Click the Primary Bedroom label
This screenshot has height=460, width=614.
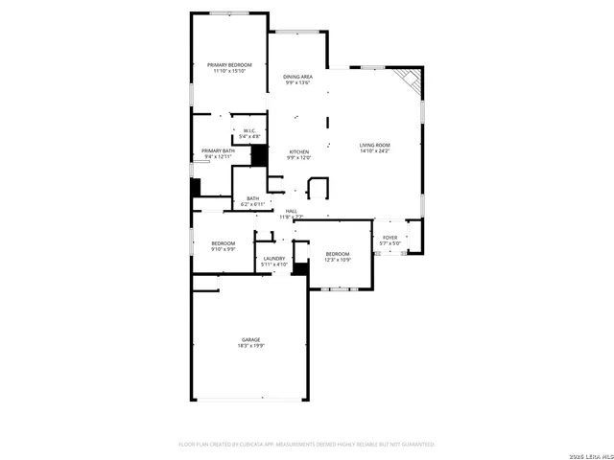229,64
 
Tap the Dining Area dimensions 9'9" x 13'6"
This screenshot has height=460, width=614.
297,82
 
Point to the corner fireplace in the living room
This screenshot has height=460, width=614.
412,80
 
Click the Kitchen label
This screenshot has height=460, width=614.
299,151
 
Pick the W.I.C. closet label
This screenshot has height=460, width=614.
248,130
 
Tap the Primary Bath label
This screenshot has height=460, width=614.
218,150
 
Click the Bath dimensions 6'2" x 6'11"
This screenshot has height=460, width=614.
251,204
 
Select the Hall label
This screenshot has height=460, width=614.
291,211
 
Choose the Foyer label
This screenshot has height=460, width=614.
390,237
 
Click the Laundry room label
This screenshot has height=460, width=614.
274,258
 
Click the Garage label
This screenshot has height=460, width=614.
250,339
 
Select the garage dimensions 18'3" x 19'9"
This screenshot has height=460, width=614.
250,345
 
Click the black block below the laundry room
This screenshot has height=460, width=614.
300,269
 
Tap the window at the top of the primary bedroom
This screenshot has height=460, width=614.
230,13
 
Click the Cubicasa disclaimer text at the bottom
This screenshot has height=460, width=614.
307,445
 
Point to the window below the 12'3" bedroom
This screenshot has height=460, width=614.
340,287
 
